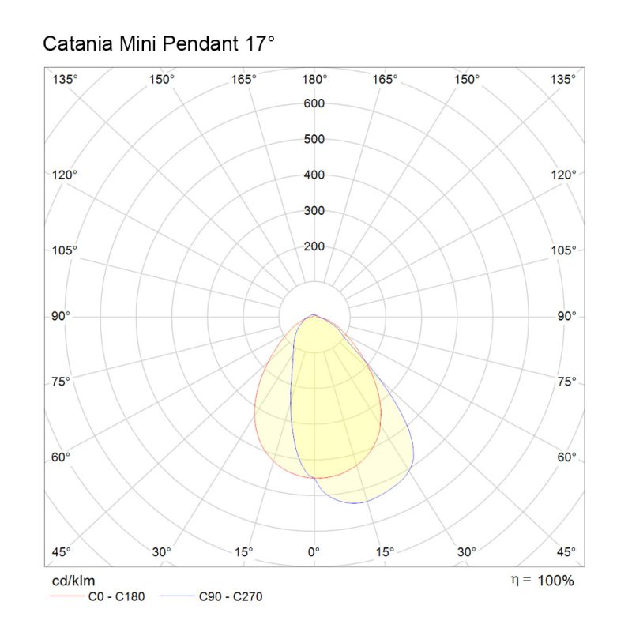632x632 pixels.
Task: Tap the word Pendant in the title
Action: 197,44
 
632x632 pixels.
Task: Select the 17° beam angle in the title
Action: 256,44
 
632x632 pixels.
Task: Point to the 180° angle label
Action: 314,79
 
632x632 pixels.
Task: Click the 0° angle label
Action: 314,551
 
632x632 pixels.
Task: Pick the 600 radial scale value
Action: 314,103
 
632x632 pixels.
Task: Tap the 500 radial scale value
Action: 314,140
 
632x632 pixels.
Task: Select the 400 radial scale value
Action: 314,175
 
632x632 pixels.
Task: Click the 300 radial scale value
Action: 314,211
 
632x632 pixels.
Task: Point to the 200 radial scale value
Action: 314,246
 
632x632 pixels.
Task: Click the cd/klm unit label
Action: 68,581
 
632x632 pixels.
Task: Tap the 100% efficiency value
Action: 556,581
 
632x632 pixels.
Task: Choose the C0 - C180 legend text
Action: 116,596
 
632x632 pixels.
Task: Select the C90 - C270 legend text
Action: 231,596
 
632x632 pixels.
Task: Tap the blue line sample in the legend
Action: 177,596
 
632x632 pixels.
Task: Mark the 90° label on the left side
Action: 62,316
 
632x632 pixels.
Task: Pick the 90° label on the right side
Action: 566,316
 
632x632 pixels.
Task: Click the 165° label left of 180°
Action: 244,79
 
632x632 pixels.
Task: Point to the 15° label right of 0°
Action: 385,551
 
